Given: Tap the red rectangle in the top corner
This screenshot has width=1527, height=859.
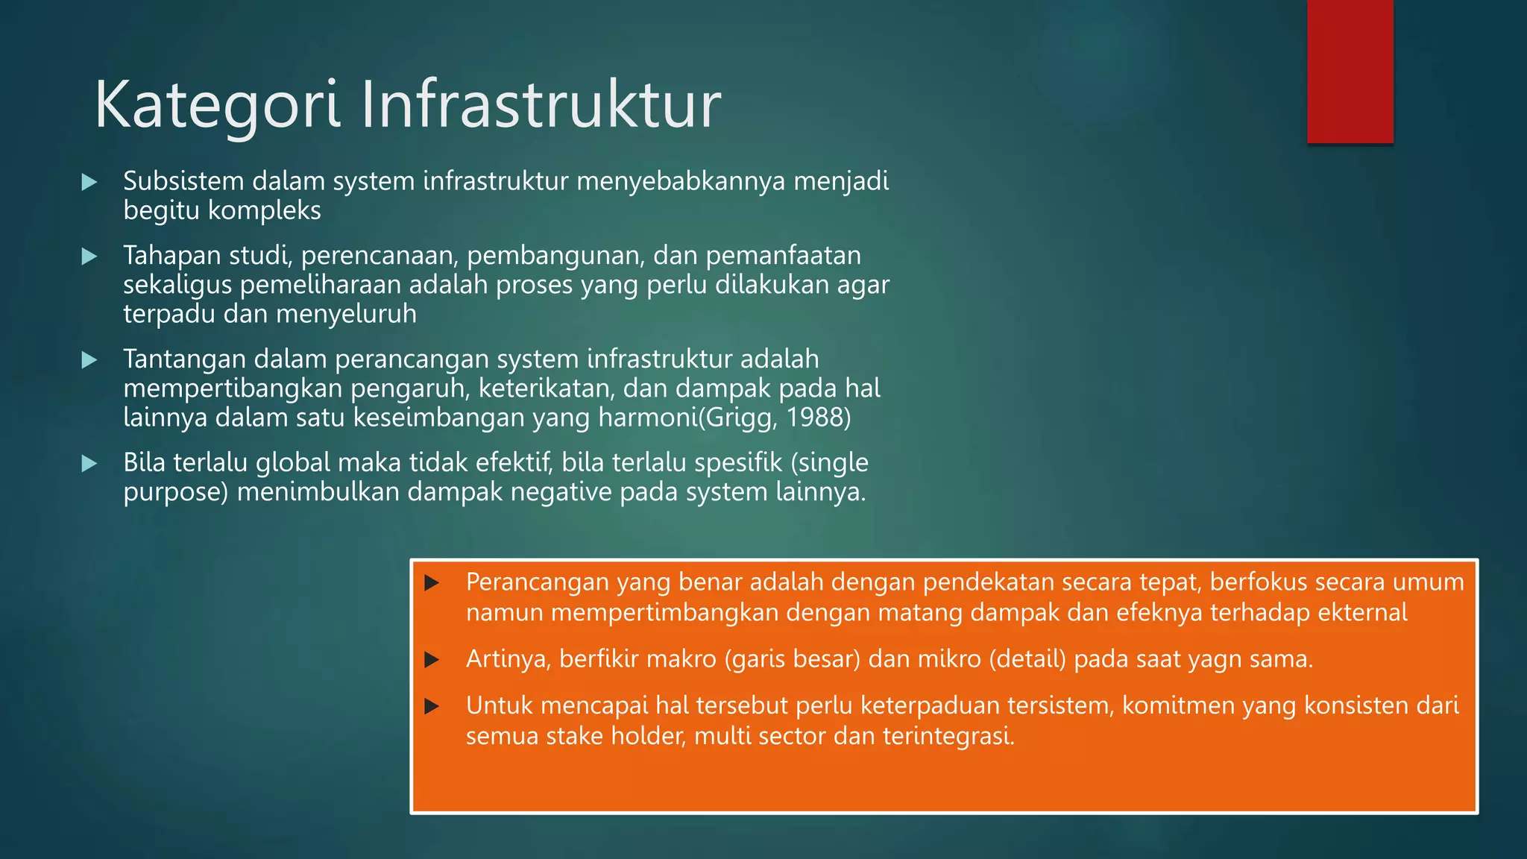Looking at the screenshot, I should pos(1350,71).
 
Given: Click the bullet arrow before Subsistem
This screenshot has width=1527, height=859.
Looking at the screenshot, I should pos(89,182).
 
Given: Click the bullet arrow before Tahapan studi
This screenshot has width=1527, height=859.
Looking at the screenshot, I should pos(89,257).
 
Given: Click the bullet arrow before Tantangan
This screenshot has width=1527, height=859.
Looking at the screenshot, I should pos(89,360).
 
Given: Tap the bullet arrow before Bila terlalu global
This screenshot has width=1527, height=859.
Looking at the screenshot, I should pos(89,464).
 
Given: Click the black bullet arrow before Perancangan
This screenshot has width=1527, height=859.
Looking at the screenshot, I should pos(432,583).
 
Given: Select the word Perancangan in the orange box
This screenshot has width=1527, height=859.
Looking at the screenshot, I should pos(537,582).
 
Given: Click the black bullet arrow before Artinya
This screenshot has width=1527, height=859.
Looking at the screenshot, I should pos(432,660).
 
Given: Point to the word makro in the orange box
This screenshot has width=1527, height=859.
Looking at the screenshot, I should pos(681,659).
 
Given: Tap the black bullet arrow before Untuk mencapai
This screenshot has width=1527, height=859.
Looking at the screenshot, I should pos(432,706).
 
